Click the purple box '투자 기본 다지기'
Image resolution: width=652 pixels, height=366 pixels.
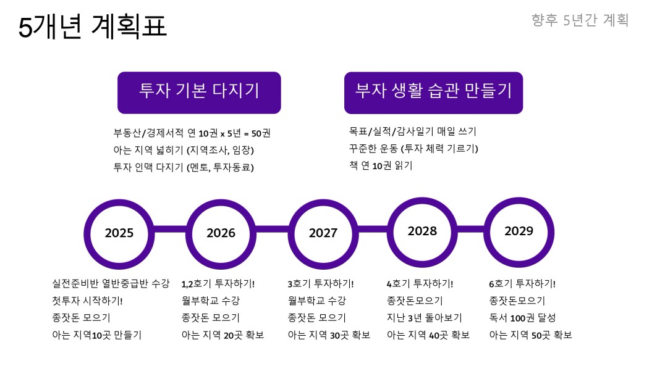click(x=199, y=93)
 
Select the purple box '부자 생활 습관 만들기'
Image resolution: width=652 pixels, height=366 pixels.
click(x=433, y=93)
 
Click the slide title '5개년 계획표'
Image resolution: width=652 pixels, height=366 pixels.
click(x=92, y=26)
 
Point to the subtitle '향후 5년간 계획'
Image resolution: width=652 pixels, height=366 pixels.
click(x=580, y=20)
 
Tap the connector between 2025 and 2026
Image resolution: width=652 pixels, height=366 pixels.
click(x=170, y=230)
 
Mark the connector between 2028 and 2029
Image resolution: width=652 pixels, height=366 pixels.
click(x=471, y=230)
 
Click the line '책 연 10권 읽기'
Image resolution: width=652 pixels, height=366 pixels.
click(x=381, y=165)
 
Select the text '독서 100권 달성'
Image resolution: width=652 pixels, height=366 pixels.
click(x=522, y=318)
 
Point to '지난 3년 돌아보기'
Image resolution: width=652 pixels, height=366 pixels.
click(x=424, y=318)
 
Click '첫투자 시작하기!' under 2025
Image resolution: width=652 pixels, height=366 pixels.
click(x=87, y=301)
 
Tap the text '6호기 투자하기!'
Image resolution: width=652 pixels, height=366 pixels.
click(x=522, y=284)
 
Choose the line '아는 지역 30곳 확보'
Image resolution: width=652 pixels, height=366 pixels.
click(x=329, y=335)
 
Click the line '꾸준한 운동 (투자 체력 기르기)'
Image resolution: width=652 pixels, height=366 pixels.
click(x=413, y=148)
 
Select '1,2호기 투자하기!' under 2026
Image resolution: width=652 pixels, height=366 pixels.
click(x=218, y=284)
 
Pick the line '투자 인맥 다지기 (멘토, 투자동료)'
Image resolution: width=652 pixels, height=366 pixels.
click(x=184, y=167)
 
